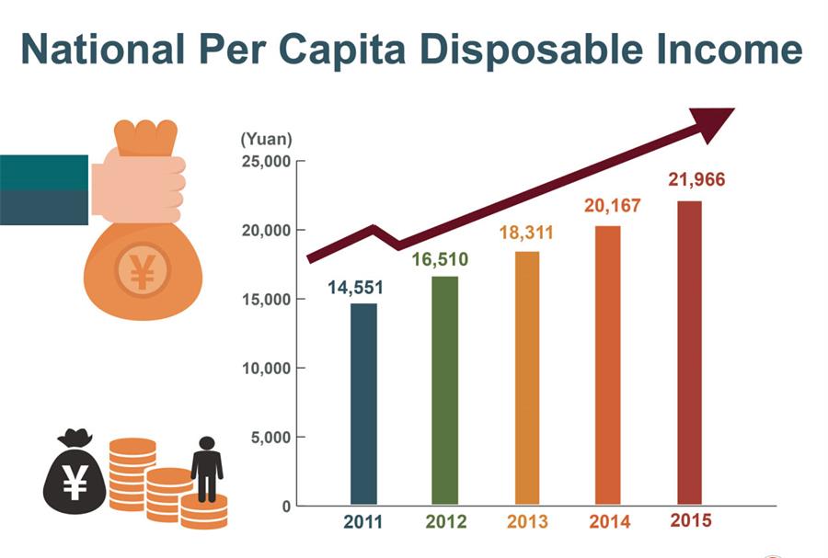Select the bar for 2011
pyautogui.click(x=363, y=404)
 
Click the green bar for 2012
pyautogui.click(x=444, y=390)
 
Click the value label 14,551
pyautogui.click(x=355, y=287)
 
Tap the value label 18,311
pyautogui.click(x=526, y=233)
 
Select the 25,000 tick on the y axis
pyautogui.click(x=265, y=162)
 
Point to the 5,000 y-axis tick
pyautogui.click(x=270, y=438)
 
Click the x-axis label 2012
pyautogui.click(x=445, y=522)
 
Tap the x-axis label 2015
pyautogui.click(x=690, y=520)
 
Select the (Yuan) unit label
pyautogui.click(x=266, y=140)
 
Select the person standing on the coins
pyautogui.click(x=206, y=467)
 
